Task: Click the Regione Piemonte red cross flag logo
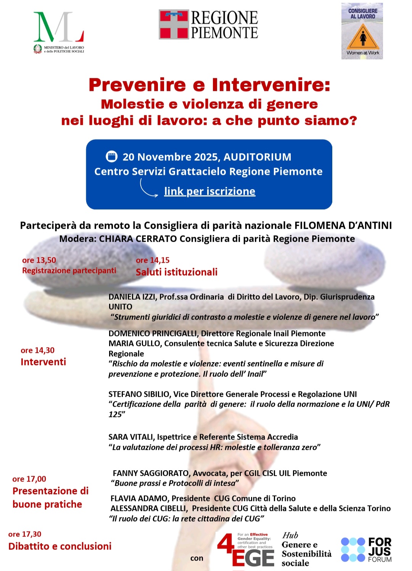click(174, 24)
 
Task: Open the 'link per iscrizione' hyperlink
click(209, 191)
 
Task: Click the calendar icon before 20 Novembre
click(111, 157)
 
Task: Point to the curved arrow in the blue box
click(148, 189)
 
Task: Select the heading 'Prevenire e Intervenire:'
click(209, 85)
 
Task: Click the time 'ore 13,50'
click(39, 260)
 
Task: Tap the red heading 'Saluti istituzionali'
click(177, 272)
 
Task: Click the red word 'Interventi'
click(43, 362)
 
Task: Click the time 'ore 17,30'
click(25, 534)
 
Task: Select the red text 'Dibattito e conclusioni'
click(60, 546)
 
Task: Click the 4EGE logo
click(246, 550)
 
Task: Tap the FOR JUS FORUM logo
click(366, 550)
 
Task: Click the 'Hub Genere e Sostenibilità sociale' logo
click(306, 549)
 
